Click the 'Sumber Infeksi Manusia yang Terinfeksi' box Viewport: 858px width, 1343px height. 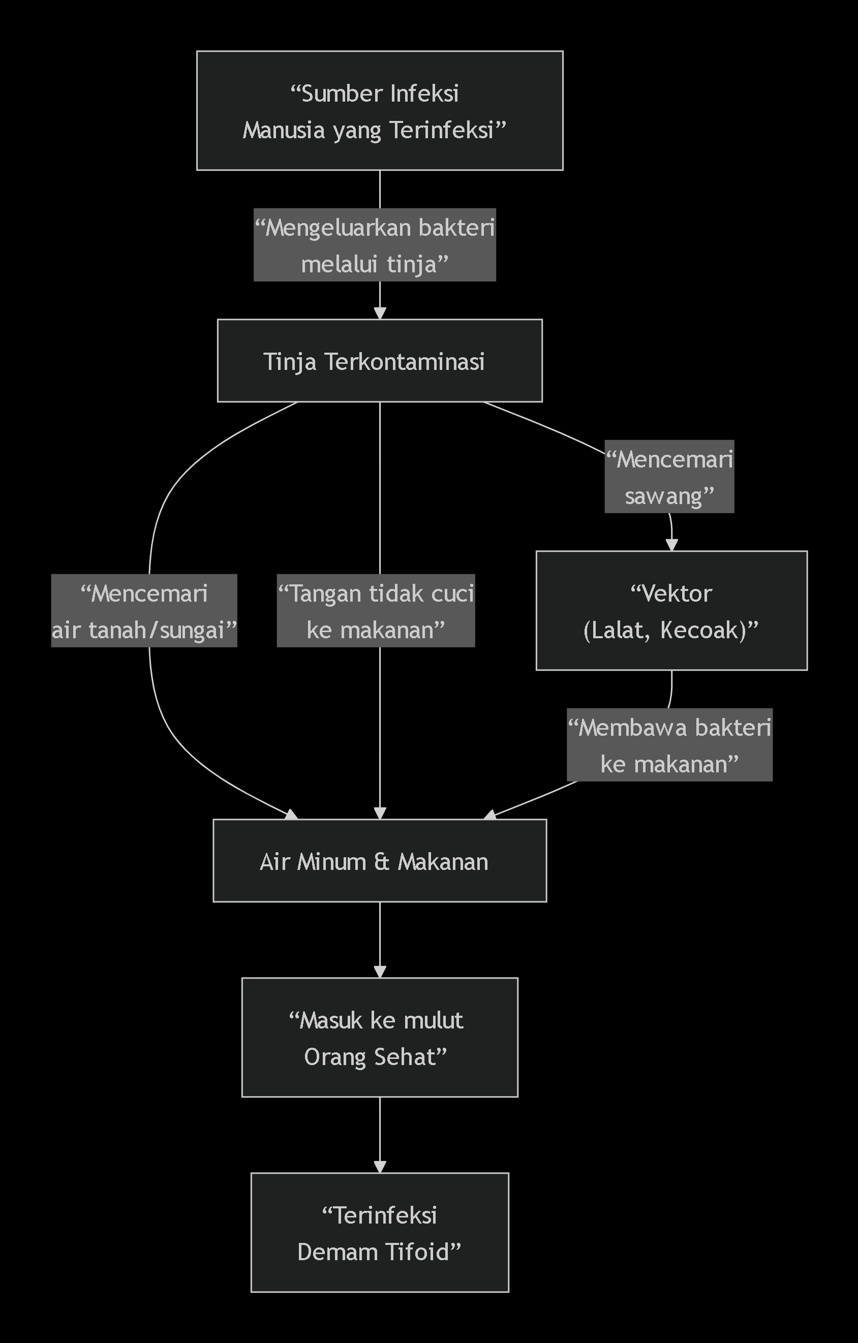[x=379, y=110]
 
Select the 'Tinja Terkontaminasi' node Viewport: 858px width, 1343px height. [x=379, y=361]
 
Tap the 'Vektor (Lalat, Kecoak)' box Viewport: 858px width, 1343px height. [x=671, y=611]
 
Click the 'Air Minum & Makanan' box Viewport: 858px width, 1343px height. [x=379, y=861]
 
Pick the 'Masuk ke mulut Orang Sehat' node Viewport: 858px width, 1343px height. [x=379, y=1038]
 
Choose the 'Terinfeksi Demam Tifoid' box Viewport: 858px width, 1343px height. [x=379, y=1233]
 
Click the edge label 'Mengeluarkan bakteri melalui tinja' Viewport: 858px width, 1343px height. [x=374, y=245]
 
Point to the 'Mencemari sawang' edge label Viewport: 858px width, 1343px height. [x=669, y=477]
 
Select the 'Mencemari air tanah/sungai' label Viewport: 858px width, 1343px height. [x=144, y=611]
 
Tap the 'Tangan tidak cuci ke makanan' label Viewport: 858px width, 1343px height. [x=376, y=611]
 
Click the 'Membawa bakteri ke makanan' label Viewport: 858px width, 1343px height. [x=669, y=745]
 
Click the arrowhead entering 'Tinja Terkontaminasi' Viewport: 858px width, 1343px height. [x=380, y=314]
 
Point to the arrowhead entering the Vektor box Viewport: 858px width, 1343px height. [x=671, y=545]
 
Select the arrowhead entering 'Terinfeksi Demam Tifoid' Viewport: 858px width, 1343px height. [x=380, y=1167]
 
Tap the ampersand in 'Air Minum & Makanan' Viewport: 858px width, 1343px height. [x=382, y=862]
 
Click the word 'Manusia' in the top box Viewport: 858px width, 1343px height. [x=284, y=130]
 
